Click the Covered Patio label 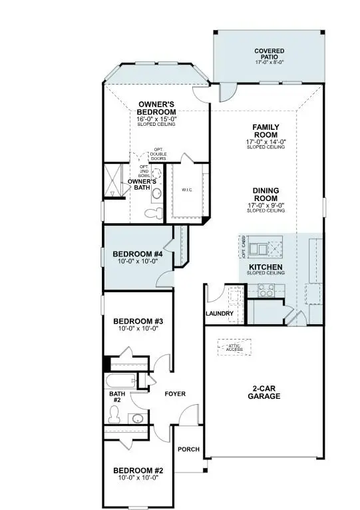(x=269, y=53)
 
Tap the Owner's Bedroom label (x=156, y=109)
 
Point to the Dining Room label (x=266, y=193)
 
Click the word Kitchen (x=265, y=267)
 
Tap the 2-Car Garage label (x=266, y=391)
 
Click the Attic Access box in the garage (x=234, y=347)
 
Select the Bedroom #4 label (x=138, y=254)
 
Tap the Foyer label (x=175, y=393)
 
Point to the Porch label (x=188, y=449)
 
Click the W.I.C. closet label (x=187, y=190)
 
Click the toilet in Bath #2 (x=114, y=416)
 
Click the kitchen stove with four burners (x=267, y=290)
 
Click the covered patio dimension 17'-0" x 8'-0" (x=269, y=62)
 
